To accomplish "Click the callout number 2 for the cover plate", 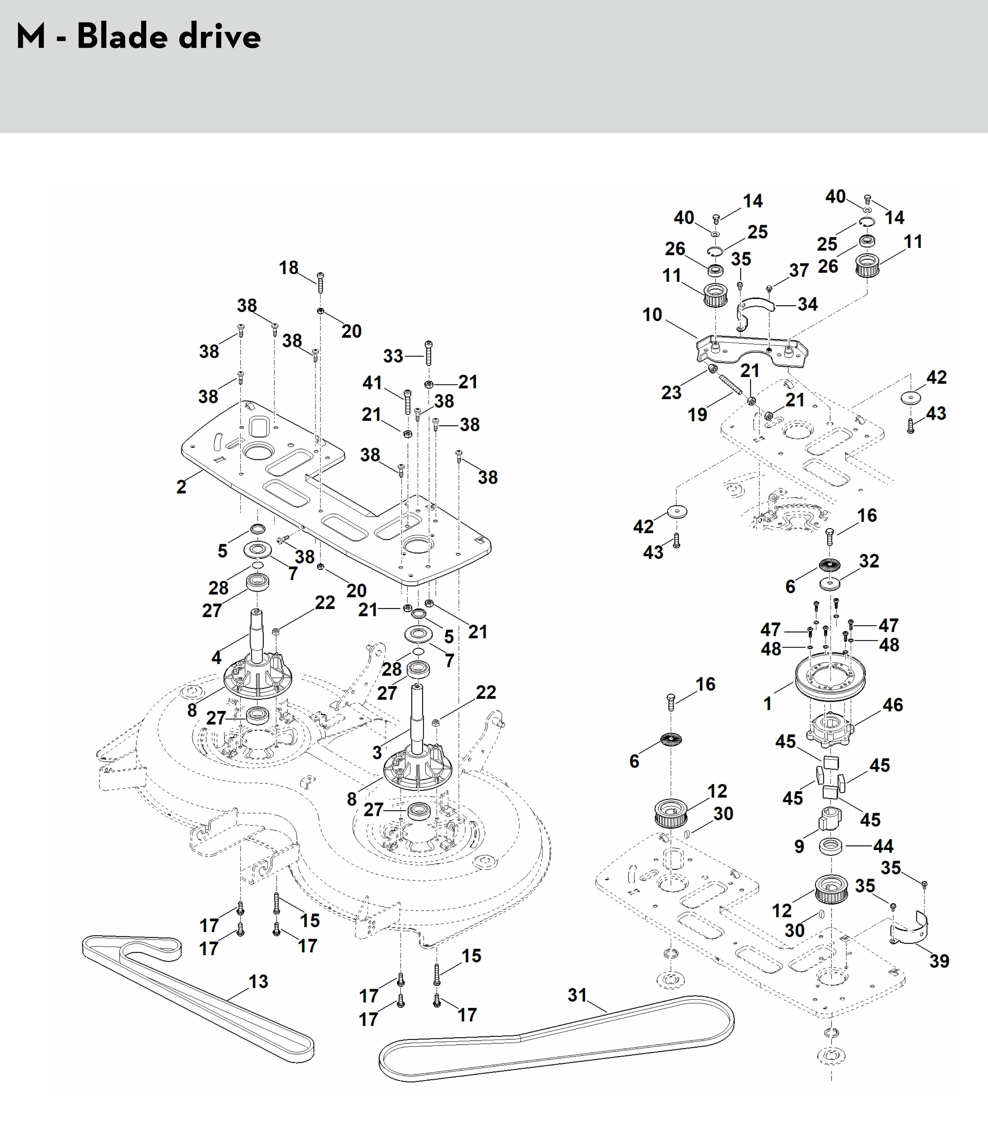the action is (x=181, y=486).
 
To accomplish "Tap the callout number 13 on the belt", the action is (x=258, y=981).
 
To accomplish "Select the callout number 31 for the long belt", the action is (x=577, y=995).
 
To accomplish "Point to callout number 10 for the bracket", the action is (x=652, y=315).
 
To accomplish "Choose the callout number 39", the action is (x=939, y=961).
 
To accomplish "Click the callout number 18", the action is (x=289, y=268).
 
